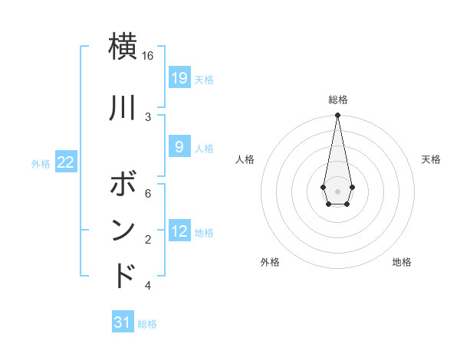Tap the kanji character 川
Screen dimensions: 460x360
point(123,109)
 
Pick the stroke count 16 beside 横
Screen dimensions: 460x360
point(148,56)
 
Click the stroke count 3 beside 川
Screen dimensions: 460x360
point(148,116)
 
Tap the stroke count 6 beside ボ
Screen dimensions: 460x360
point(148,194)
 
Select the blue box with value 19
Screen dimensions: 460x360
point(179,78)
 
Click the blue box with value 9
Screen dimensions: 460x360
point(179,147)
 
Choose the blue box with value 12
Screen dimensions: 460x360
point(179,231)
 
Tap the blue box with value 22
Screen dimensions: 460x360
point(66,162)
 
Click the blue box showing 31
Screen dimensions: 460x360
point(123,322)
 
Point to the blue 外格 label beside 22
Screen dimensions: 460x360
point(41,163)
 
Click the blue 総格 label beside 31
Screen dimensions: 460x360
point(147,324)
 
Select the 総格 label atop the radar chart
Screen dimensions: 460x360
point(337,100)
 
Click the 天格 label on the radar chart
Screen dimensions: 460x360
point(431,159)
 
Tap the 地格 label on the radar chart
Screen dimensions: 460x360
point(402,262)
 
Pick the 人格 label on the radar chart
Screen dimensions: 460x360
point(245,159)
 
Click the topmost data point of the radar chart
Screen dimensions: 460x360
point(337,116)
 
